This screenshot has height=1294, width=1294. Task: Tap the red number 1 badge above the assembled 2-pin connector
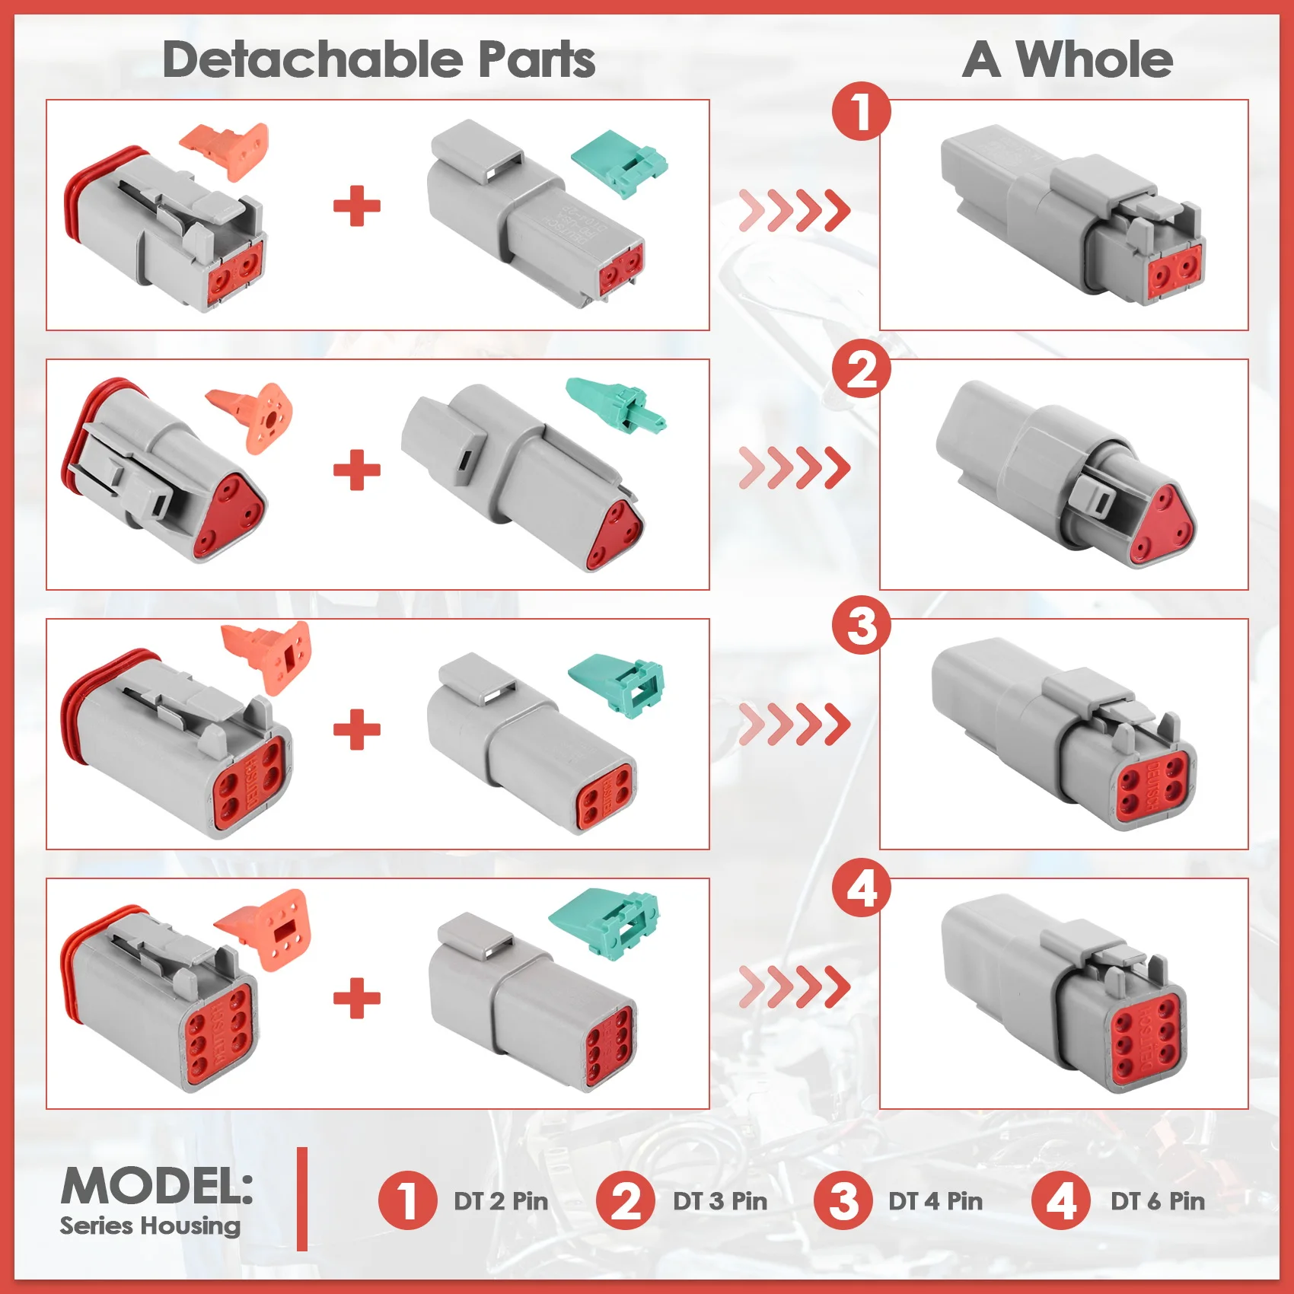[x=861, y=112]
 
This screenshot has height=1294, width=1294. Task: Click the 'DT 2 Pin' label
[x=501, y=1201]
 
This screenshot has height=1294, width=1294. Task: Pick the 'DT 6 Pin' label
[x=1158, y=1201]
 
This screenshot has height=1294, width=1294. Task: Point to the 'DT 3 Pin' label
[x=720, y=1201]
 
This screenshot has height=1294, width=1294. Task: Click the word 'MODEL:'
[x=157, y=1186]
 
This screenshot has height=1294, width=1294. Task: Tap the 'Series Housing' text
[x=150, y=1225]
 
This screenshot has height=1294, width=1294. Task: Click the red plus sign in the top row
[x=357, y=206]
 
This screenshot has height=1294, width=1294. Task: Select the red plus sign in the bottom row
[x=357, y=998]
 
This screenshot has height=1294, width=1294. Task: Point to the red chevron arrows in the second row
[x=795, y=467]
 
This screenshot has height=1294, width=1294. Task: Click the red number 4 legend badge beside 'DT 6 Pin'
[x=1061, y=1201]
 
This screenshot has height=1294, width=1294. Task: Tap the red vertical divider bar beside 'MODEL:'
[x=302, y=1199]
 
